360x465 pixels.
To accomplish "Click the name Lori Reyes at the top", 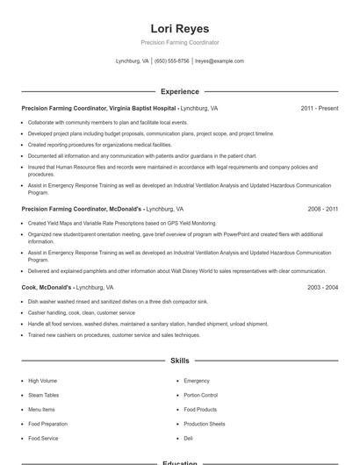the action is tap(180, 28).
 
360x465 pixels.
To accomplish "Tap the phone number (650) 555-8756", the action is tap(172, 61).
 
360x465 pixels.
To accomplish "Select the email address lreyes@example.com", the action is tap(220, 61).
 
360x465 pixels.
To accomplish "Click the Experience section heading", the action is tap(180, 91).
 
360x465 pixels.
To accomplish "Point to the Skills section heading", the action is tap(180, 361).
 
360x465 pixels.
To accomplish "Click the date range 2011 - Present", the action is tap(320, 108).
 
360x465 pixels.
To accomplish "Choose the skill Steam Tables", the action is tap(43, 395).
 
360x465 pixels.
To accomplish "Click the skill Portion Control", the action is tap(200, 395).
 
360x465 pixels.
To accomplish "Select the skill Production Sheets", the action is tap(204, 423).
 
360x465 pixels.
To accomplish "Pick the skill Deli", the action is tap(188, 437).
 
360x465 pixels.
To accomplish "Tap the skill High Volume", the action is tap(42, 381).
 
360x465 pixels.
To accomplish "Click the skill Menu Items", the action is tap(41, 409).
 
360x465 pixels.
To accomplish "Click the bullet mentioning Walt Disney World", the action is tap(176, 271).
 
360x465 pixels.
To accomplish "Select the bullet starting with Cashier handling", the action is tap(82, 312).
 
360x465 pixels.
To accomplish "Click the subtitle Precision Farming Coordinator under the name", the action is tap(180, 42).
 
